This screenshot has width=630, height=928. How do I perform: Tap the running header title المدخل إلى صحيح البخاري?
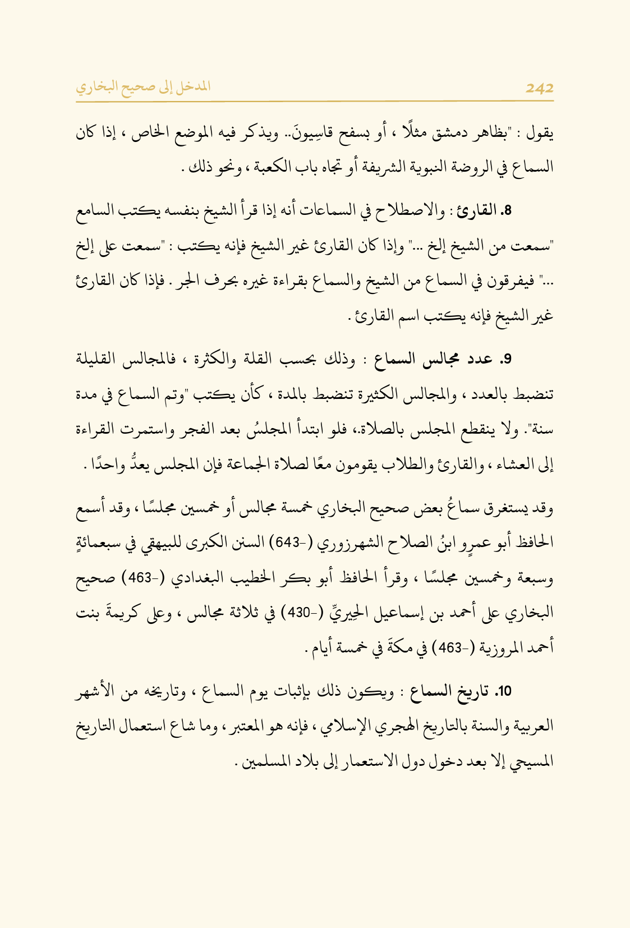pos(143,87)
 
